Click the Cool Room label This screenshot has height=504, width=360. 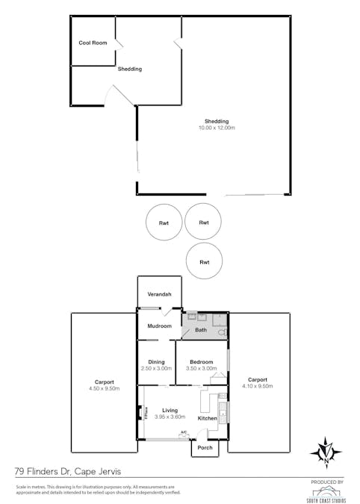93,43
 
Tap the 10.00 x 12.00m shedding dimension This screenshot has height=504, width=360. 217,128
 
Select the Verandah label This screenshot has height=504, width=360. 158,294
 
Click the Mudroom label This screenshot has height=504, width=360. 159,326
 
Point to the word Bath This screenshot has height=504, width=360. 200,329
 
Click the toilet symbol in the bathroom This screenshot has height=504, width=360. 221,331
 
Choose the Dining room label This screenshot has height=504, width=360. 156,361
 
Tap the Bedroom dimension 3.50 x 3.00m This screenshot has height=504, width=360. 200,368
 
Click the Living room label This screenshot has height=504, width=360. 170,410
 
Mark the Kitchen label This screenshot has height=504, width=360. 207,418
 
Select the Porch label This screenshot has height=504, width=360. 205,448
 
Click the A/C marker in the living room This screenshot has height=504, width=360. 183,432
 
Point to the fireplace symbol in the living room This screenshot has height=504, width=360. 140,412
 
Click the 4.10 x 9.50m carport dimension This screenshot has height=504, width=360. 258,386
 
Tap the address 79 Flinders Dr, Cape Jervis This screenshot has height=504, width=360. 67,471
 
